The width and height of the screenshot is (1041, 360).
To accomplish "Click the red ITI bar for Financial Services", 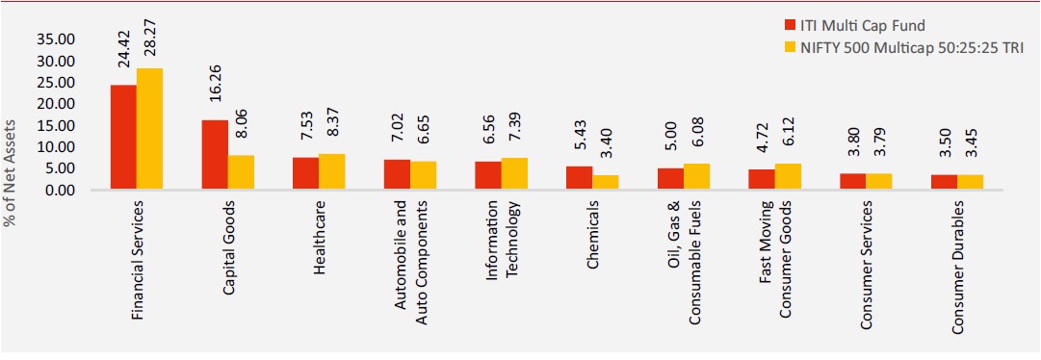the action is point(123,138).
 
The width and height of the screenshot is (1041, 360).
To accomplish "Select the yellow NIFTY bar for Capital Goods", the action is point(241,172).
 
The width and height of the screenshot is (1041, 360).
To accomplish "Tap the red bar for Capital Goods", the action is point(215,155).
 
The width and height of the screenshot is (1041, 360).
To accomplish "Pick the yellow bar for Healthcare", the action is point(332,172).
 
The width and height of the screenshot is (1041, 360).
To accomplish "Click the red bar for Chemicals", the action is point(579,178).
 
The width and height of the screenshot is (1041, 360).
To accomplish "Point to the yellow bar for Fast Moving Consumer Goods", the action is point(788,177).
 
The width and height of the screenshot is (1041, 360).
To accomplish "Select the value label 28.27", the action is point(150,39).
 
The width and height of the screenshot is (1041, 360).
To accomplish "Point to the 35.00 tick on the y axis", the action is point(58,39).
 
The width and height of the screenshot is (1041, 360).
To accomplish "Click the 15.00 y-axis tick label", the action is point(58,125).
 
